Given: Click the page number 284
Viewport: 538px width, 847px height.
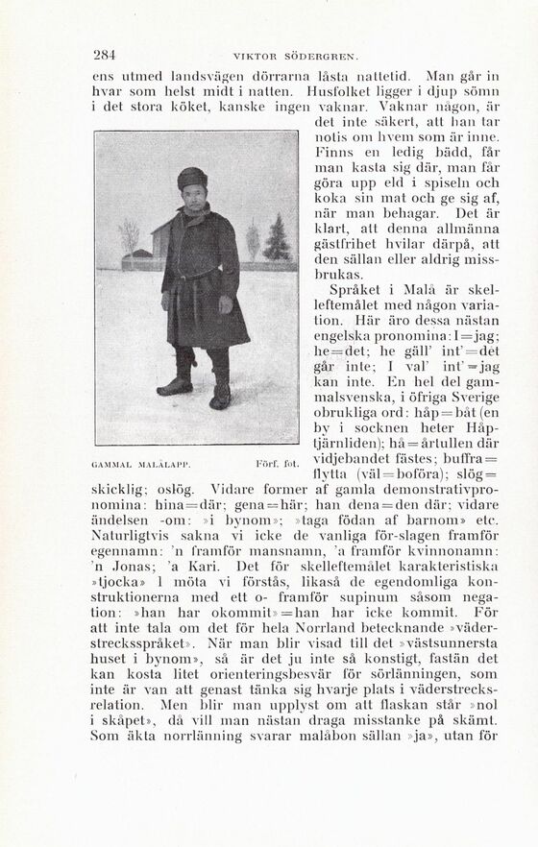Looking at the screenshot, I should tap(105, 55).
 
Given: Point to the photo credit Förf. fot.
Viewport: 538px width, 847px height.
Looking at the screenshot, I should tap(278, 464).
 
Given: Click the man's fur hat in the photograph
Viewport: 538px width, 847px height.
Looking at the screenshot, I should tap(192, 178).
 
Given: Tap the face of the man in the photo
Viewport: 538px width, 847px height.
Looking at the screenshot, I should tap(193, 195).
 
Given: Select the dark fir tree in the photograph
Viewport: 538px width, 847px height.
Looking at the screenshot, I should tap(277, 238).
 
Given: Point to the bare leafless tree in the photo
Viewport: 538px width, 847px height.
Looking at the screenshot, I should tap(129, 236).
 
